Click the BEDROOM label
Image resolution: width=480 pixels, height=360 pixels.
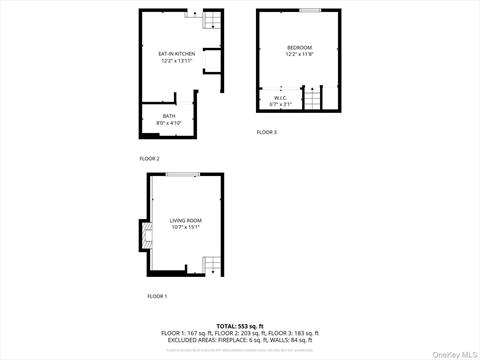[x=299, y=48]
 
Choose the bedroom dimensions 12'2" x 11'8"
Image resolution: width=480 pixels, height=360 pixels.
[x=299, y=55]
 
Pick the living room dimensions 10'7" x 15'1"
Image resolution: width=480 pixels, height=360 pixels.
[x=185, y=227]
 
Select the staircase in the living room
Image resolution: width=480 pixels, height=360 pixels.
[x=210, y=265]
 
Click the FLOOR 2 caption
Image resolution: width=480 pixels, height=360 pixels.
[x=149, y=158]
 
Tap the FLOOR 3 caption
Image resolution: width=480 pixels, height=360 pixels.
[x=266, y=132]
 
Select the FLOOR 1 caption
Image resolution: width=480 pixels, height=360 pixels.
[x=157, y=296]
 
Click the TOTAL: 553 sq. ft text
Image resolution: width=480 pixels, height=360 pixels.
[x=239, y=326]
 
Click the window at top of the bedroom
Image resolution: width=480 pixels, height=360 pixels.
[x=310, y=10]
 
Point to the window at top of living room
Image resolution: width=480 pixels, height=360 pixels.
[x=182, y=174]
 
